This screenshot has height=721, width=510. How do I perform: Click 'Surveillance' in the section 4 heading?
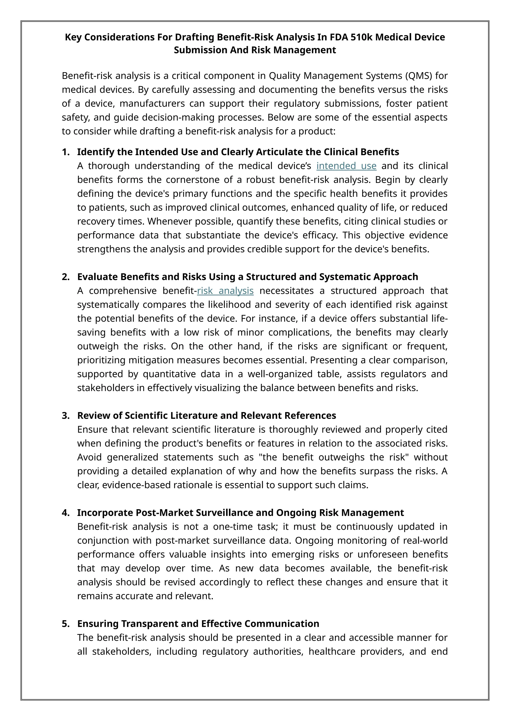pos(225,513)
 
